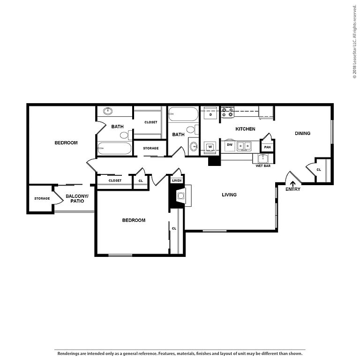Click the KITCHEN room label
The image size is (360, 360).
tap(245, 129)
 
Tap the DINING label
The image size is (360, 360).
tap(302, 133)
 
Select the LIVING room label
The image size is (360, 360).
tap(229, 195)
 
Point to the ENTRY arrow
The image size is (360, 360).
tap(292, 184)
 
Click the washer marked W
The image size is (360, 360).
tap(210, 147)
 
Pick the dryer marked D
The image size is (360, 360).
tap(210, 114)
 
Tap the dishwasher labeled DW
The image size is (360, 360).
tap(230, 145)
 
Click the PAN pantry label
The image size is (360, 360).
tap(267, 147)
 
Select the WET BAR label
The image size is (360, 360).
tap(263, 166)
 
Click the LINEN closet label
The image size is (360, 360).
tap(177, 180)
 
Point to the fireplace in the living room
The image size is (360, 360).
tap(180, 196)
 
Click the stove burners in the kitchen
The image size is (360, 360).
tap(227, 112)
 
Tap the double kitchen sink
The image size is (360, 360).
tap(244, 146)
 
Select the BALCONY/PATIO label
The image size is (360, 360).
tap(77, 199)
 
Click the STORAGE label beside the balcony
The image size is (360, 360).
tap(42, 198)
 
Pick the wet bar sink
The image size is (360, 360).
tap(262, 158)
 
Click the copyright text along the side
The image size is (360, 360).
tap(355, 41)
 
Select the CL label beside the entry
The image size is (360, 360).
tap(319, 170)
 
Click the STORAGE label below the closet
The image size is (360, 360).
tap(151, 148)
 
